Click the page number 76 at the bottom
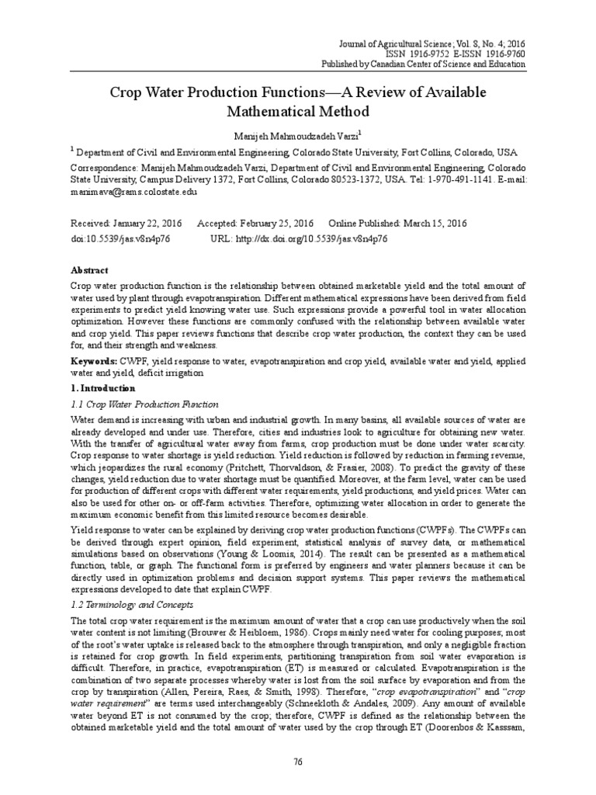click(297, 761)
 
